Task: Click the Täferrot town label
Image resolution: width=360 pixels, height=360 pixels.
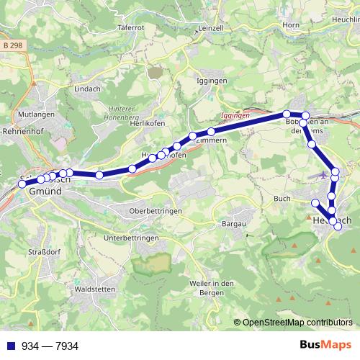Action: click(x=131, y=27)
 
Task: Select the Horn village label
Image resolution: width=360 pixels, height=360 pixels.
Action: click(x=291, y=25)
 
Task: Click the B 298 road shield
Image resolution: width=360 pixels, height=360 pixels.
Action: click(x=12, y=45)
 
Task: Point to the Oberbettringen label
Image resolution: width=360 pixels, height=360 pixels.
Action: click(x=152, y=210)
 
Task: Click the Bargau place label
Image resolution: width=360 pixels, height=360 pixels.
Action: click(x=233, y=225)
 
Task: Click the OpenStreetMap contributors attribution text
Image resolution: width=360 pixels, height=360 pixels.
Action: click(x=297, y=323)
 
